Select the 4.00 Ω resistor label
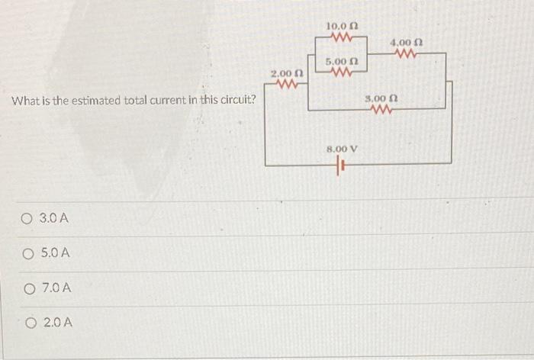pyautogui.click(x=406, y=43)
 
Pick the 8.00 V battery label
pyautogui.click(x=342, y=149)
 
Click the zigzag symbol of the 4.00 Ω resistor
pyautogui.click(x=406, y=53)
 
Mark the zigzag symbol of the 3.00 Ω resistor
pyautogui.click(x=381, y=110)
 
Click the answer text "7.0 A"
pyautogui.click(x=57, y=288)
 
